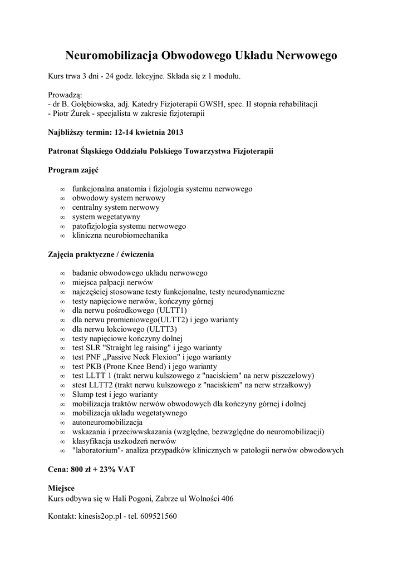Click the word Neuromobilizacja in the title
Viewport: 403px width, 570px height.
tap(112, 56)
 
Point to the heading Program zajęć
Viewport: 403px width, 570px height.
tap(73, 169)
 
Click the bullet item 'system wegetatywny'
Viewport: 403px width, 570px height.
tap(106, 217)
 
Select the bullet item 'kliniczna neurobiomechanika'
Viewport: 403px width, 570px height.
tap(120, 235)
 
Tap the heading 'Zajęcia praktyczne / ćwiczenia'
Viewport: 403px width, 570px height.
tap(101, 254)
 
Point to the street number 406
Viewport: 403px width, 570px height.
tap(227, 498)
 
